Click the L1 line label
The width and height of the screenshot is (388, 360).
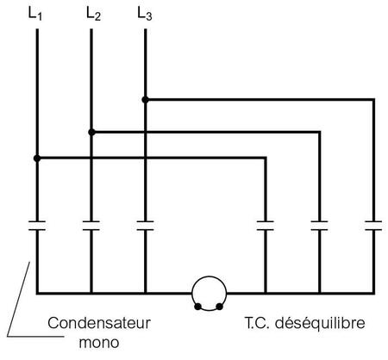point(35,14)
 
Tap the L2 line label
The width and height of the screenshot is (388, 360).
point(93,14)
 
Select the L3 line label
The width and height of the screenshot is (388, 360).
point(145,14)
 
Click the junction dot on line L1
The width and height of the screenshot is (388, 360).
point(37,158)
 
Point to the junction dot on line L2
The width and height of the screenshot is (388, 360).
point(91,132)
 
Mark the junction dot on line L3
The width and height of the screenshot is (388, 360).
point(146,100)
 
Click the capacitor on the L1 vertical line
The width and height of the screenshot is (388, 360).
point(37,226)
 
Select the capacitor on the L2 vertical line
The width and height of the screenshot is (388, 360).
point(91,226)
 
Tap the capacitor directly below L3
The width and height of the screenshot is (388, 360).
point(146,226)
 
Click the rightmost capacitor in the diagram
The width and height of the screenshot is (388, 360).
point(373,226)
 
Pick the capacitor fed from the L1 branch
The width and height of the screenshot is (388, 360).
point(266,226)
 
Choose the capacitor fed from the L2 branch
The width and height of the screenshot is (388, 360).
point(319,226)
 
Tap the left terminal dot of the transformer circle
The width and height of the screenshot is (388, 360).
point(197,307)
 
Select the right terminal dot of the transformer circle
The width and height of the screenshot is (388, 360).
point(220,307)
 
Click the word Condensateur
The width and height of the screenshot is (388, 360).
point(99,323)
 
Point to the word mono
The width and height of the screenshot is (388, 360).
point(99,343)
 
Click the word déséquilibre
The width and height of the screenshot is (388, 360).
point(320,323)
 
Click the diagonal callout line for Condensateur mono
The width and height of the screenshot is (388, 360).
point(18,299)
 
